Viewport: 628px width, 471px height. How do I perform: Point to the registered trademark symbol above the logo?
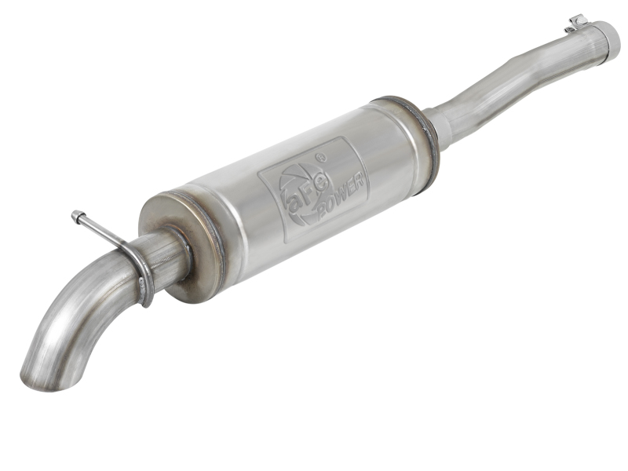click(x=320, y=158)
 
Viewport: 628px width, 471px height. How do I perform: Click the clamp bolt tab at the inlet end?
click(x=578, y=22)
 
